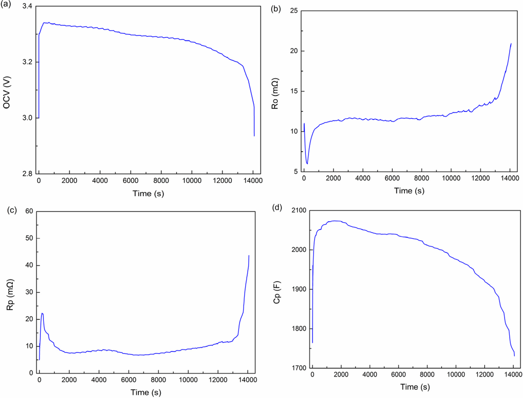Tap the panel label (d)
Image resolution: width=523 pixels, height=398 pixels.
(276, 207)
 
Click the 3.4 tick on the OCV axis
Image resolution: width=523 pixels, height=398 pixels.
(26, 7)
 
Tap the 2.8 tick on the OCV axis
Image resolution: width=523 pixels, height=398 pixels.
(26, 174)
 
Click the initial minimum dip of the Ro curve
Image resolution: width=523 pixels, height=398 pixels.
(307, 163)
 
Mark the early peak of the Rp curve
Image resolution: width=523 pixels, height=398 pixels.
(42, 313)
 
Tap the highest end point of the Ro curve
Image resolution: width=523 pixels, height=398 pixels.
(511, 43)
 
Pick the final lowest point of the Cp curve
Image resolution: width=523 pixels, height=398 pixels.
(514, 356)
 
